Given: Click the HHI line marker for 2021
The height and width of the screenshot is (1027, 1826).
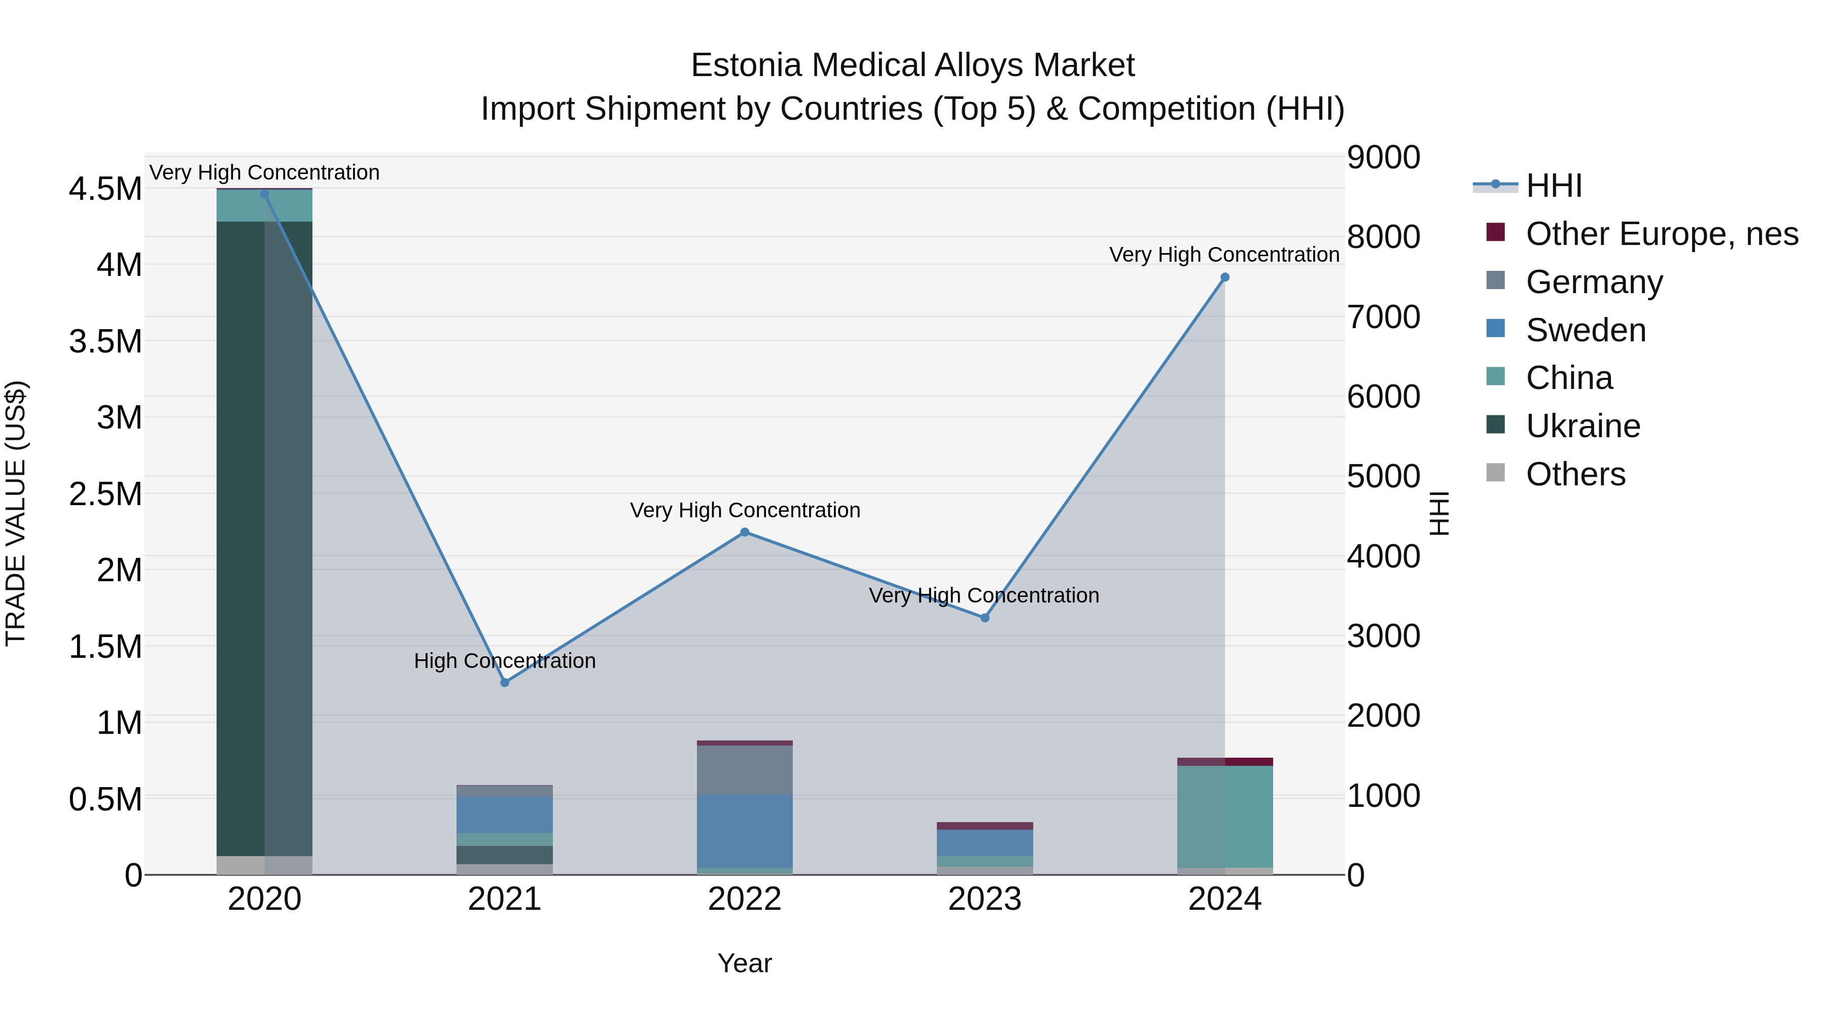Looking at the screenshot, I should pos(505,683).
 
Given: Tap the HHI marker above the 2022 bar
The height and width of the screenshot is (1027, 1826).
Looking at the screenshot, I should pos(744,533).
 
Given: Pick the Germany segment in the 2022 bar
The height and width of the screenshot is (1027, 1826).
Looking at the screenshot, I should pos(744,770).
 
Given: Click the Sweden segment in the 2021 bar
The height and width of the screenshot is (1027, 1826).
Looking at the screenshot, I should pos(505,814).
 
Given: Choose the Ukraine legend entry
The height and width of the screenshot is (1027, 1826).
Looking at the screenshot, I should pos(1583,426).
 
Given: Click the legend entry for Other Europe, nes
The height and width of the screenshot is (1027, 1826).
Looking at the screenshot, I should pos(1662,234).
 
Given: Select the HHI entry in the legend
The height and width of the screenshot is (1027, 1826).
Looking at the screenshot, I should pos(1554,186).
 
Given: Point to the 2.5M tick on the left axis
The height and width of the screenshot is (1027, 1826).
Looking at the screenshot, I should pos(105,494).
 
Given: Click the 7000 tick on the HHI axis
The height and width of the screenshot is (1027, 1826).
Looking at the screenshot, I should pos(1383,317).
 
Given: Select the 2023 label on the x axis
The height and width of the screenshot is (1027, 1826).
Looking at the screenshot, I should pos(985,899).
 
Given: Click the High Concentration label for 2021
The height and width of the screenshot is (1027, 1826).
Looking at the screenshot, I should pos(505,660).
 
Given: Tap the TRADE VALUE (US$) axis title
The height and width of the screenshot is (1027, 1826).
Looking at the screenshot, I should pos(16,513).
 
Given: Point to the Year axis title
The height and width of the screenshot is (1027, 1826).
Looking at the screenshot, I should pos(744,963).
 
